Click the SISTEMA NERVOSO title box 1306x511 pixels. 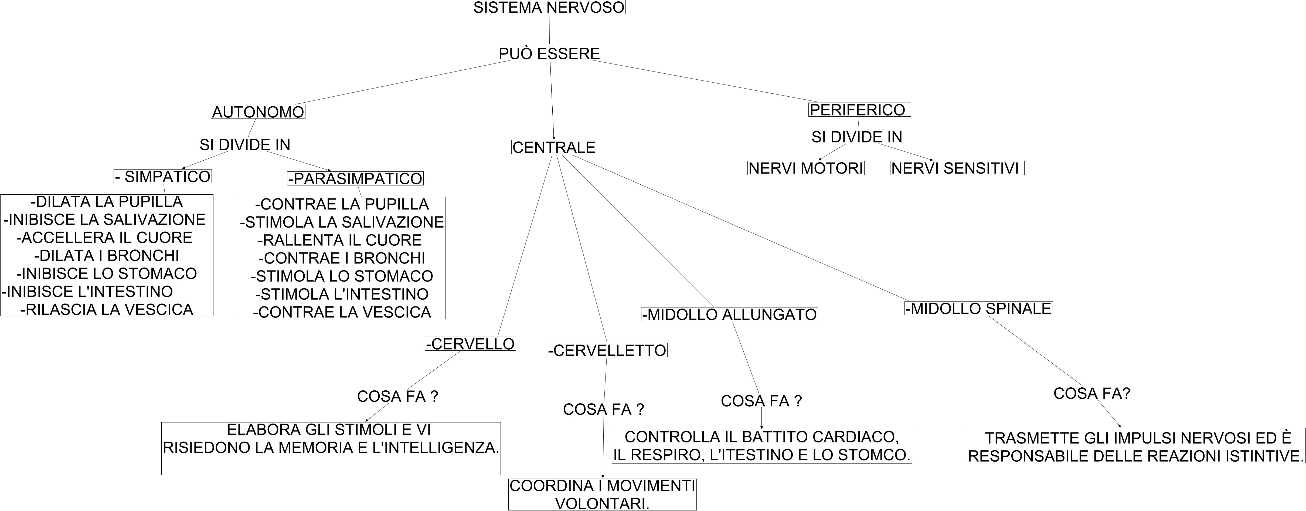coord(549,8)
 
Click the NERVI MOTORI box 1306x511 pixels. coord(806,168)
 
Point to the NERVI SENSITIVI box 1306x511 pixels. coord(957,168)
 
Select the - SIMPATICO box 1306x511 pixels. coord(162,177)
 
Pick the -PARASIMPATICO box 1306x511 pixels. coord(355,178)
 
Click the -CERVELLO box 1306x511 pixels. coord(470,344)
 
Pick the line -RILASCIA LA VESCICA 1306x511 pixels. coord(107,309)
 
